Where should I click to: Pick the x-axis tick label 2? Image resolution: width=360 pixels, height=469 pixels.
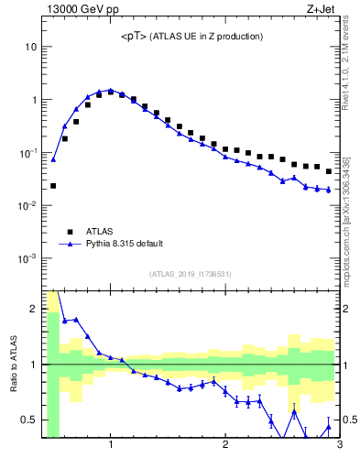point(225,446)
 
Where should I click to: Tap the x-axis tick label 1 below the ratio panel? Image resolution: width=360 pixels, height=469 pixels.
point(111,446)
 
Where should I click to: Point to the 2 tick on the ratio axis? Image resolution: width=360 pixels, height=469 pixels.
point(34,309)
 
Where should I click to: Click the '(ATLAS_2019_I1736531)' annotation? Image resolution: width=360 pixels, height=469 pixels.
point(191,274)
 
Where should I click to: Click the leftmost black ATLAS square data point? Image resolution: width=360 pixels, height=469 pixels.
point(53,186)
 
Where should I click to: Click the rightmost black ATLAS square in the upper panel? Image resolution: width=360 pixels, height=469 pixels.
point(328,171)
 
